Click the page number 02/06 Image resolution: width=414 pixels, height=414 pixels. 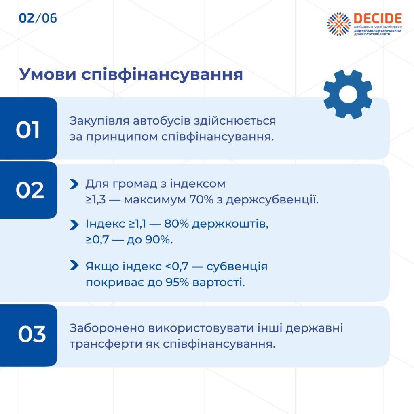(x=38, y=18)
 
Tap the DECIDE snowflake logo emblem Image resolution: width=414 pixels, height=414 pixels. (x=339, y=24)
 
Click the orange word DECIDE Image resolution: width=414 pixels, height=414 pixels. (x=378, y=19)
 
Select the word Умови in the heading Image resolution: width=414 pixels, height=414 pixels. (x=48, y=74)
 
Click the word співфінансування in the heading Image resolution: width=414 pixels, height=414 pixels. (x=162, y=75)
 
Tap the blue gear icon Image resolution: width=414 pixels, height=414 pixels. (x=348, y=94)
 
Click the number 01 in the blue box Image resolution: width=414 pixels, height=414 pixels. (x=28, y=130)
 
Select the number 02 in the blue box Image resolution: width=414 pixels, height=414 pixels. (x=30, y=190)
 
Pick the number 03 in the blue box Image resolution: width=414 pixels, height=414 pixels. (x=32, y=334)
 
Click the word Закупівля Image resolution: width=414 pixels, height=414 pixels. (x=99, y=121)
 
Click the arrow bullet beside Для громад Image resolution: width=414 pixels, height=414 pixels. (x=74, y=184)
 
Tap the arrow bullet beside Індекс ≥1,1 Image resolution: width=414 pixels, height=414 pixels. (x=74, y=225)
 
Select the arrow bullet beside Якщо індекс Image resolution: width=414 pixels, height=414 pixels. (x=74, y=265)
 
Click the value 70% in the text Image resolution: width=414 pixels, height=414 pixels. (x=201, y=200)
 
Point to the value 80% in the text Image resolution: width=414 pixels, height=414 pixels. (x=176, y=224)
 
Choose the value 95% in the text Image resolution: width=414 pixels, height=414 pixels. (x=177, y=283)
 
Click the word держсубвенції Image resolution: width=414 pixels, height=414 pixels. (x=272, y=200)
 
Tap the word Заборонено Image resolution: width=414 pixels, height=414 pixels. (x=107, y=328)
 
